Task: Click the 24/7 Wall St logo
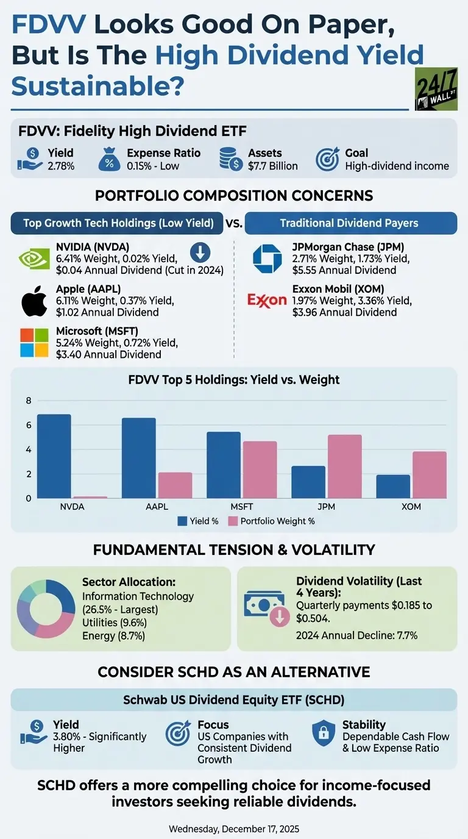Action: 436,89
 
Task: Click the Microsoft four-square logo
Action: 34,343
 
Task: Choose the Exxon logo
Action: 267,300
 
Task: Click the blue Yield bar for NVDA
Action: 54,456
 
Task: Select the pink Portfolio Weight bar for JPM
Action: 344,466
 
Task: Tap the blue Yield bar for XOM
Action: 392,486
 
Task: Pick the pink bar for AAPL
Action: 175,485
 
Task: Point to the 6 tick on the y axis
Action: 28,425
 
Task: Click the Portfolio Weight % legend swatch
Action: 232,521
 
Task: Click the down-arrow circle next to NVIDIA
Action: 200,252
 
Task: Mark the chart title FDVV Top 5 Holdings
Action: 234,380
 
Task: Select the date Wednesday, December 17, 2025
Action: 234,829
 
